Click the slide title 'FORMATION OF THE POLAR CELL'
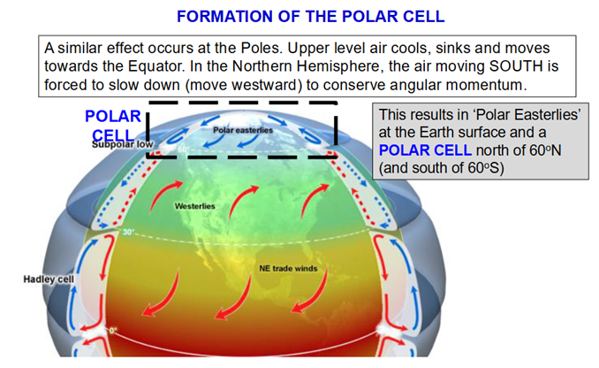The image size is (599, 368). [x=311, y=17]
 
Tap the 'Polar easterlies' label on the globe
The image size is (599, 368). [x=243, y=130]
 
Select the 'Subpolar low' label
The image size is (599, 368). [x=122, y=144]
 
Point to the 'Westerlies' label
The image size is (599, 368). [x=195, y=206]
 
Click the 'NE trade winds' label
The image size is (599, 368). [x=288, y=269]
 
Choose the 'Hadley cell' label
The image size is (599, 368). [x=49, y=280]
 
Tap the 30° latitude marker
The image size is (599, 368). [x=128, y=232]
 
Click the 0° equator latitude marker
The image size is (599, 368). [x=113, y=330]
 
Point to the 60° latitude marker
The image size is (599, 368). [x=183, y=149]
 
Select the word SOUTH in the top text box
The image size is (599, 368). [x=516, y=66]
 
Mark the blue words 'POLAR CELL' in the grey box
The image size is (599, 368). [x=425, y=150]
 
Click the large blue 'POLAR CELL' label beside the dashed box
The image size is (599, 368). [x=113, y=126]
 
